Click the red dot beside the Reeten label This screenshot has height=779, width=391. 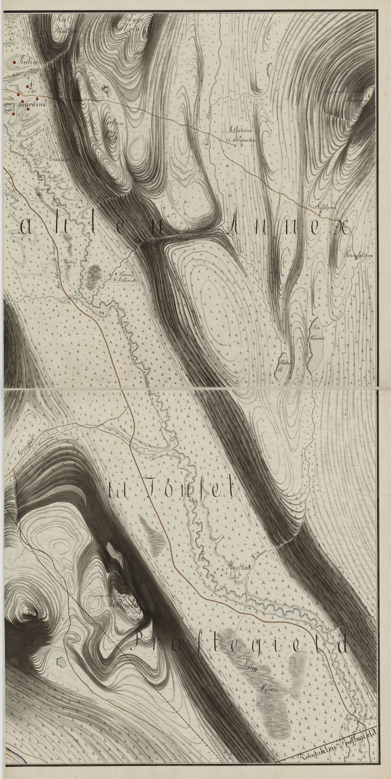(14, 62)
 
